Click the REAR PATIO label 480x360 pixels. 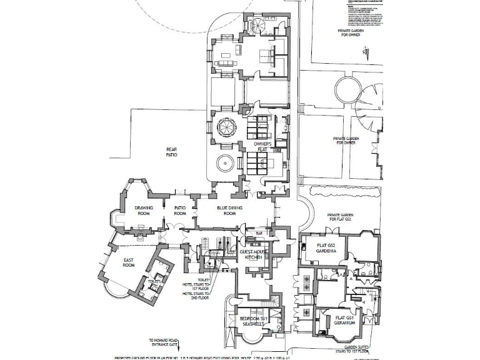(x=171, y=151)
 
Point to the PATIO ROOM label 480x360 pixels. (x=180, y=211)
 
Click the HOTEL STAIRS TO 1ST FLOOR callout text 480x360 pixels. (x=197, y=284)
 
